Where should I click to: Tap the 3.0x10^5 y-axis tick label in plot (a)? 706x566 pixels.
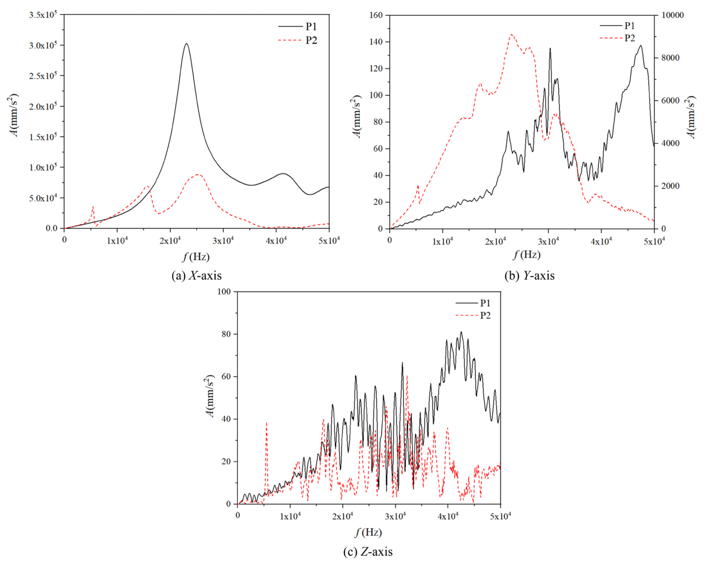[x=43, y=45]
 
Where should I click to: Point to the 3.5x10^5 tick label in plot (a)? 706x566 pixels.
[x=43, y=14]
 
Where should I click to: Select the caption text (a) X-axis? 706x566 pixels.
[x=196, y=275]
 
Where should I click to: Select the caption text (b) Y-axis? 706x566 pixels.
[x=530, y=275]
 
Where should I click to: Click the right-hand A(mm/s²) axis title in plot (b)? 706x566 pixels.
[x=691, y=117]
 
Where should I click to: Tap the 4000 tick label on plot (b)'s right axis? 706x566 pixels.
[x=670, y=143]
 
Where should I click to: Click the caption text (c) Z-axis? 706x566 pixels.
[x=368, y=552]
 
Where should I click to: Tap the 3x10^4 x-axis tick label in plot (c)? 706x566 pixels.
[x=395, y=517]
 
